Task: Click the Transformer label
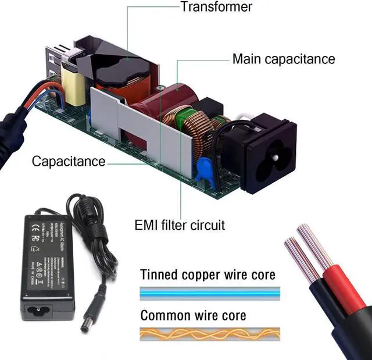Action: (216, 7)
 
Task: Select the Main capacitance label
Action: (283, 59)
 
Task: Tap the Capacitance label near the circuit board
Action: (69, 161)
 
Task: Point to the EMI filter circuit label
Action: (180, 224)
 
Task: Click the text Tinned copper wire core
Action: (208, 274)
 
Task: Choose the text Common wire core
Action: (193, 315)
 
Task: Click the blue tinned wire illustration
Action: (209, 294)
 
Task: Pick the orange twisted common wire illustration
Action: (209, 334)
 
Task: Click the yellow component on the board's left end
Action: (74, 87)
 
